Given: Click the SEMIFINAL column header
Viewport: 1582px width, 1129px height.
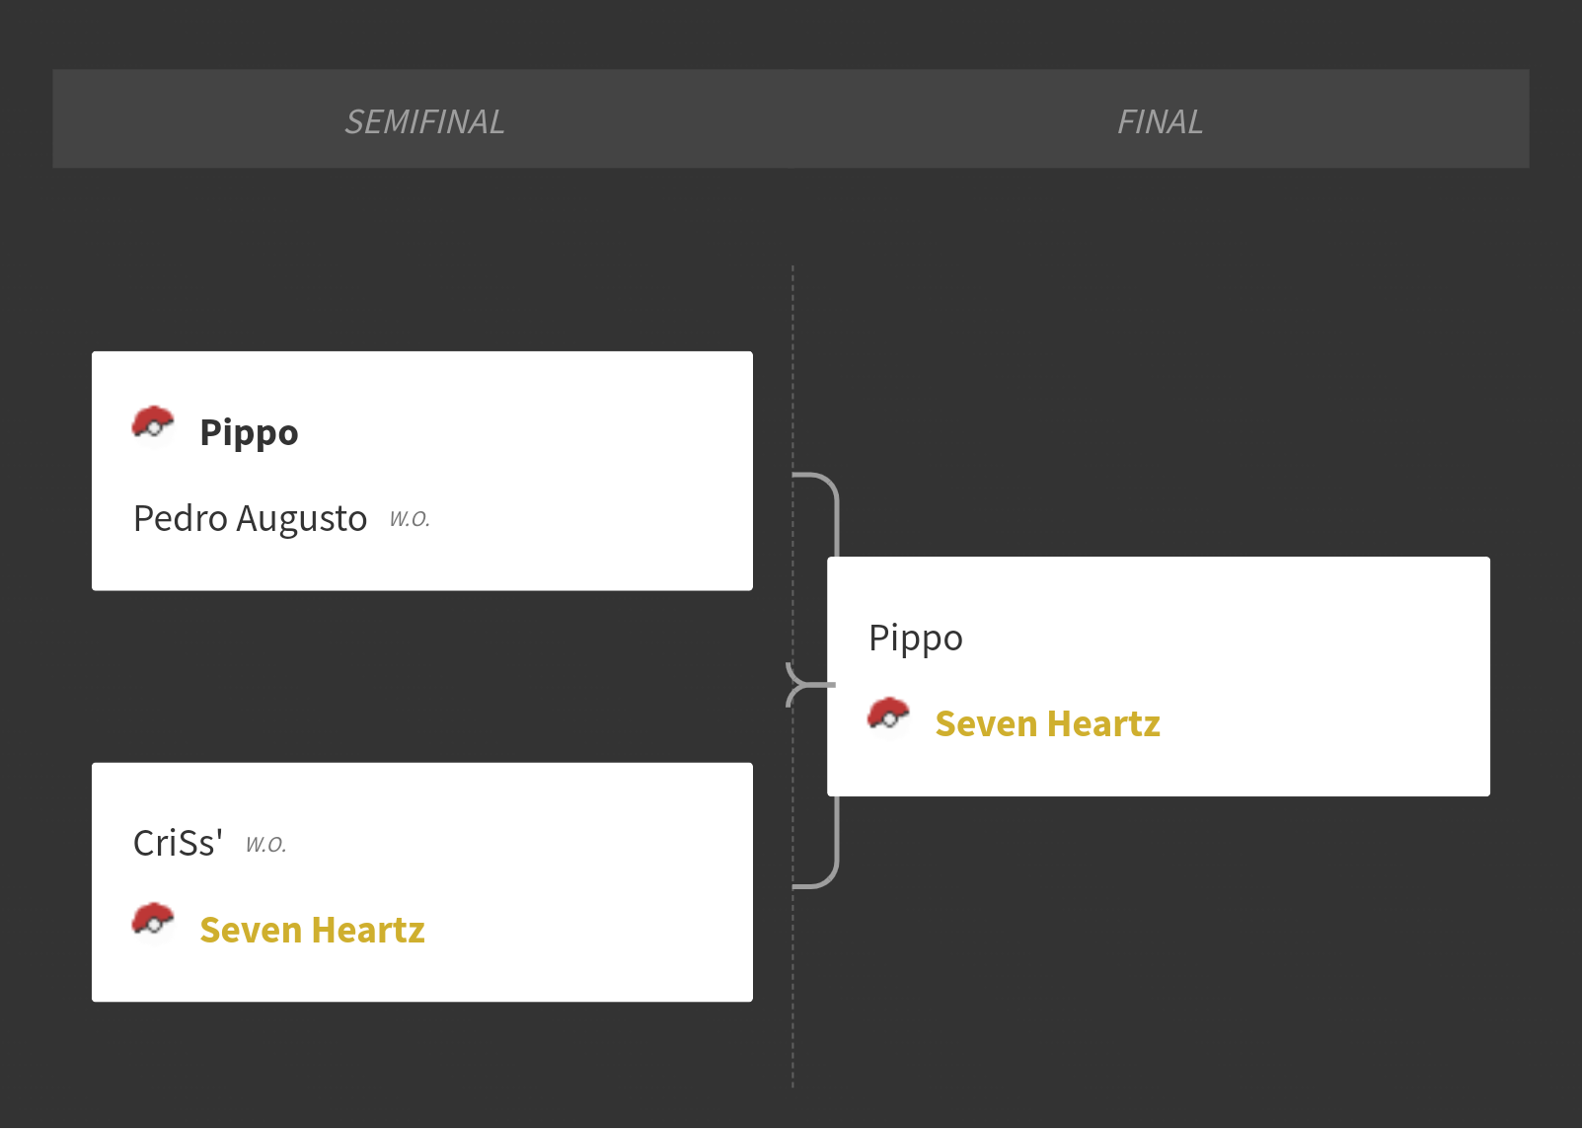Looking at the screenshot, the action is click(424, 122).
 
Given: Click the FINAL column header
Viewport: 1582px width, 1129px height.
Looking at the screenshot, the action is click(1160, 122).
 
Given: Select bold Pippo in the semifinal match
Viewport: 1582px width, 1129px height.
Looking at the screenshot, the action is click(250, 433).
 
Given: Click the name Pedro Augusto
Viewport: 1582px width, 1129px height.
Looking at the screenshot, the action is click(250, 519).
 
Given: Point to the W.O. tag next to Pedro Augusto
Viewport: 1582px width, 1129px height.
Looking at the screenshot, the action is click(410, 519).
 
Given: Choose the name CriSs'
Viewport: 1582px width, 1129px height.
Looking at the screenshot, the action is click(178, 843).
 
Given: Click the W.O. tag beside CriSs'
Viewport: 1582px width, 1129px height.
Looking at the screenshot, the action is click(265, 845).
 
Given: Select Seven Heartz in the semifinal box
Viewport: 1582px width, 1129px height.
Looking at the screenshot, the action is click(312, 930).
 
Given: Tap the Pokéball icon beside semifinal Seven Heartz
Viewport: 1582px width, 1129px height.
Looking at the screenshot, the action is click(153, 922).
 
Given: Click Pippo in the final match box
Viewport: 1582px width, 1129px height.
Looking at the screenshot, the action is click(915, 639).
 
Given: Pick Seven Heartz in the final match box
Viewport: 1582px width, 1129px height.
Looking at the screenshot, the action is click(1047, 724).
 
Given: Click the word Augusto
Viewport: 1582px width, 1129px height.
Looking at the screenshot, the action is click(302, 520).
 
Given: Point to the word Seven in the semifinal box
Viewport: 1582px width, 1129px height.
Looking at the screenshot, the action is click(251, 930).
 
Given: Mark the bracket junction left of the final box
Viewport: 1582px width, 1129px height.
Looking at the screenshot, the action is click(805, 685).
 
